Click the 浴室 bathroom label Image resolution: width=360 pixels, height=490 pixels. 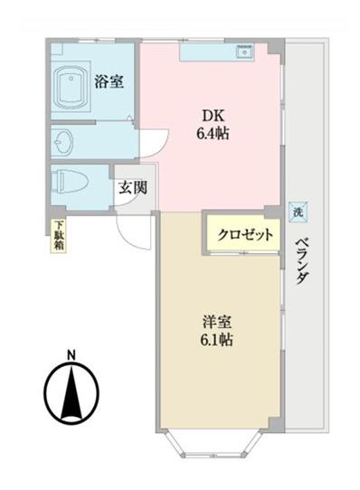[109, 81]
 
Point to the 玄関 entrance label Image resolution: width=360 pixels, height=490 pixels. [132, 191]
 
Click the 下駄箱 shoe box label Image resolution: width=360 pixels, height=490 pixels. [58, 236]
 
